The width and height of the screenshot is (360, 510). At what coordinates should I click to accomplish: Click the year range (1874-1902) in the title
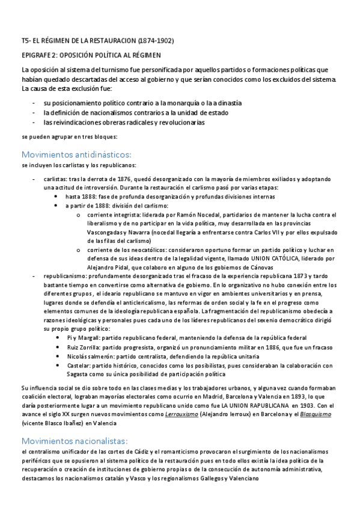[x=156, y=41]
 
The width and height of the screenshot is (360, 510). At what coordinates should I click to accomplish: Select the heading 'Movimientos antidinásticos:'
[x=76, y=153]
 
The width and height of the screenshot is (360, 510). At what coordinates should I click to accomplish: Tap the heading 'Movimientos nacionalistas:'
[x=75, y=441]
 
